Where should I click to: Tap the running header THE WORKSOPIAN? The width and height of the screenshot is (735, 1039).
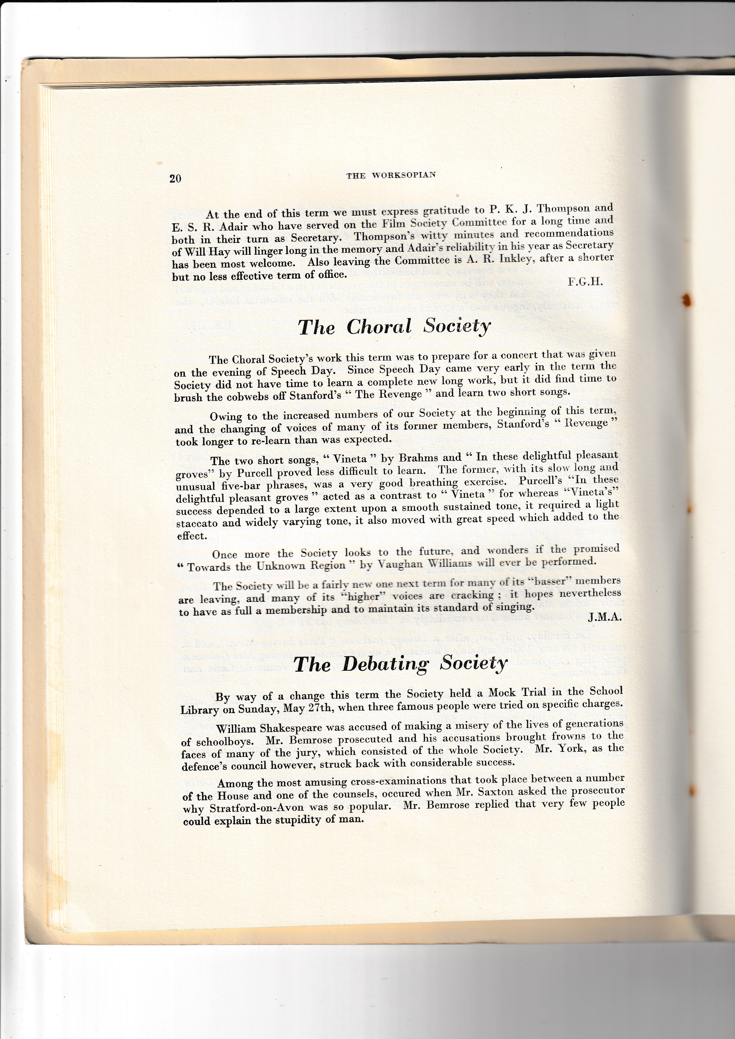(x=391, y=175)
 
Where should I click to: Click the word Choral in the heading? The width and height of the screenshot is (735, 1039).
(x=379, y=327)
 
